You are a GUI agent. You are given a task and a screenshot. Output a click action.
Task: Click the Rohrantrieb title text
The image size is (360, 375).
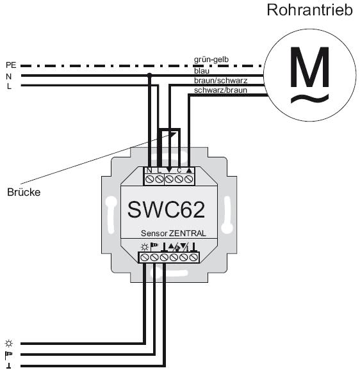click(x=310, y=10)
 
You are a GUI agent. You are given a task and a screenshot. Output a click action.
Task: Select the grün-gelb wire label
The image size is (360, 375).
click(x=211, y=60)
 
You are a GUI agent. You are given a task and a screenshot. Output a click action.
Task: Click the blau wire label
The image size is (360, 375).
click(x=202, y=71)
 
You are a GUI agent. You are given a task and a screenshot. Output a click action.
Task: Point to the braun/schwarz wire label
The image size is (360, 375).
click(x=220, y=81)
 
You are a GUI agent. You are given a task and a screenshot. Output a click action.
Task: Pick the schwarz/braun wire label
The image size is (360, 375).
click(x=220, y=90)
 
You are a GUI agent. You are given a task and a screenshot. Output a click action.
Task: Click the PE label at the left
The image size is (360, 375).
click(x=11, y=65)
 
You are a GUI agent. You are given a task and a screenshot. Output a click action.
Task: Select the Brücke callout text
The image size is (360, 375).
click(x=24, y=192)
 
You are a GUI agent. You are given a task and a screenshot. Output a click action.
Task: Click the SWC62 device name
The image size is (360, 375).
click(x=166, y=209)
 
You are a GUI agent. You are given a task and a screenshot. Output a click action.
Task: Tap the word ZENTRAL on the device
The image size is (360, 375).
click(x=188, y=233)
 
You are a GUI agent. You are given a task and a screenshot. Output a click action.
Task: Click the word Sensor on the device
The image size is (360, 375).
click(x=154, y=233)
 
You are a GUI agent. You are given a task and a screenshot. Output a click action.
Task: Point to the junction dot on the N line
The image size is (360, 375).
click(x=150, y=76)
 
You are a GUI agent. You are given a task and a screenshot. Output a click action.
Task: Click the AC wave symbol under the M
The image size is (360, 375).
click(x=309, y=98)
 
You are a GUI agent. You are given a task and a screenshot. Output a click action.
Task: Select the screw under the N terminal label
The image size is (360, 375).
click(x=149, y=179)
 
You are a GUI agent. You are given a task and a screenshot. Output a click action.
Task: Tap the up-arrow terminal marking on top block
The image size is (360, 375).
click(x=189, y=170)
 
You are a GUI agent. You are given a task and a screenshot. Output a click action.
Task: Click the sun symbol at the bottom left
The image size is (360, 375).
click(x=9, y=344)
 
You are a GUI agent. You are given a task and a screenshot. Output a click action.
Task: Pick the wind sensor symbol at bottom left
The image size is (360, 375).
click(x=8, y=355)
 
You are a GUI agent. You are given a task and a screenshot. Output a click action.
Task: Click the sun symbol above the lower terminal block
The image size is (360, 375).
click(x=144, y=247)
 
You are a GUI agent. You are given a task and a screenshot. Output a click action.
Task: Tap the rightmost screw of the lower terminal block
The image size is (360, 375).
click(x=193, y=257)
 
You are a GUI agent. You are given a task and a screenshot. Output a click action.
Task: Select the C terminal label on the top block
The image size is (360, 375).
click(x=179, y=170)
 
